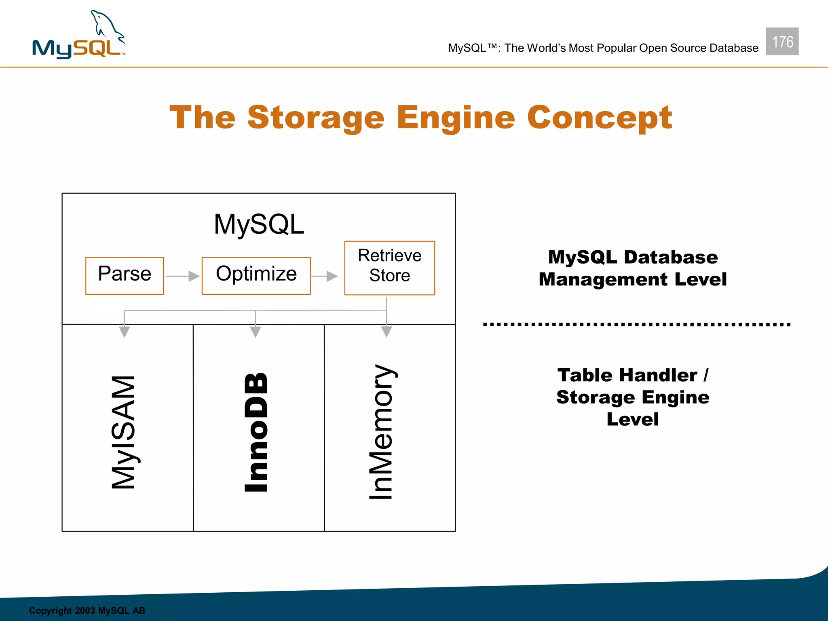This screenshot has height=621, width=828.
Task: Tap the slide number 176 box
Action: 782,41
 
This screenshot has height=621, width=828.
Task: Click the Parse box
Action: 125,275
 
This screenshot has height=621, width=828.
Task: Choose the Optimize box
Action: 256,275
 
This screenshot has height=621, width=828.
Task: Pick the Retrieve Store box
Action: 389,268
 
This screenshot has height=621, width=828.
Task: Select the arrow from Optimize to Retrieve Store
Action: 325,276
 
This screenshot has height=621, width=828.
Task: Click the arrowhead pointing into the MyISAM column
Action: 124,332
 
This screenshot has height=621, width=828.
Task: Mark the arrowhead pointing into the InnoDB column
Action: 255,332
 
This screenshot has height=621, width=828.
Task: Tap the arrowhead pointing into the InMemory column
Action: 387,332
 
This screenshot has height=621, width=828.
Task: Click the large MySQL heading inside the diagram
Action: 259,224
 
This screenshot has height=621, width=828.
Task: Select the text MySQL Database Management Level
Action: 632,268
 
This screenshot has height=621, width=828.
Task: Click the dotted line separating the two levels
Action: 636,324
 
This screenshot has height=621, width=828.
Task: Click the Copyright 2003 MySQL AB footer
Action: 87,610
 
